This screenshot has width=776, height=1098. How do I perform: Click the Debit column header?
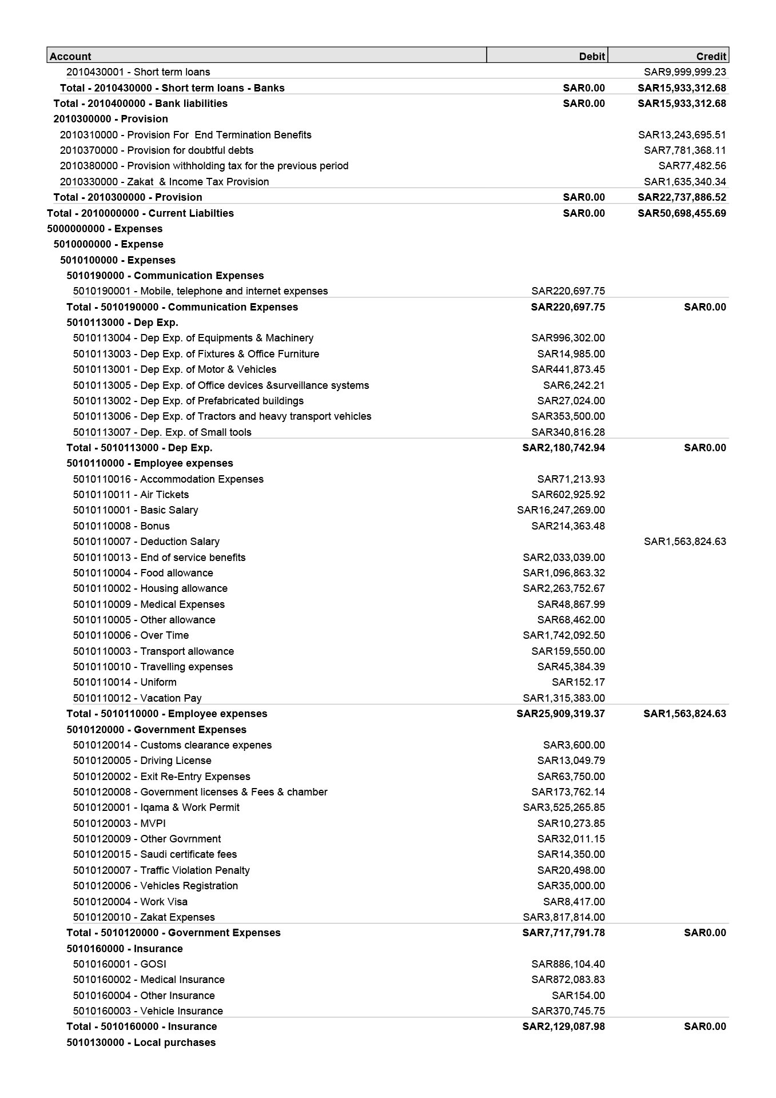pyautogui.click(x=591, y=56)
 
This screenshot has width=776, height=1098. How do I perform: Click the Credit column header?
pyautogui.click(x=711, y=56)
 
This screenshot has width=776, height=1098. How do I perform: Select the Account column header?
pyautogui.click(x=70, y=56)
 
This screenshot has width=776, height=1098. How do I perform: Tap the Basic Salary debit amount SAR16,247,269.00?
pyautogui.click(x=560, y=510)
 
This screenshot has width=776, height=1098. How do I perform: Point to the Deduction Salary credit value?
pyautogui.click(x=685, y=542)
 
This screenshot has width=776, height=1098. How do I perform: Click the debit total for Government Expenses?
pyautogui.click(x=563, y=933)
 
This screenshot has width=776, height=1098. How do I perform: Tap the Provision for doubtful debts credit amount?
pyautogui.click(x=685, y=150)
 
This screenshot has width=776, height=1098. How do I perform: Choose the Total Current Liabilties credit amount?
pyautogui.click(x=682, y=213)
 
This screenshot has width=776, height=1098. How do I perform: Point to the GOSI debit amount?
pyautogui.click(x=568, y=964)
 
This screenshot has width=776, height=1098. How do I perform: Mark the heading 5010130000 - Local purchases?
pyautogui.click(x=141, y=1043)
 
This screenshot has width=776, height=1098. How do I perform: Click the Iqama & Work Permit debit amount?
pyautogui.click(x=563, y=807)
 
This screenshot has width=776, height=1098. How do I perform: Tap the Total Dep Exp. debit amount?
pyautogui.click(x=563, y=448)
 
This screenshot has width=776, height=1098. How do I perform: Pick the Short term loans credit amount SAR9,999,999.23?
pyautogui.click(x=685, y=72)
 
